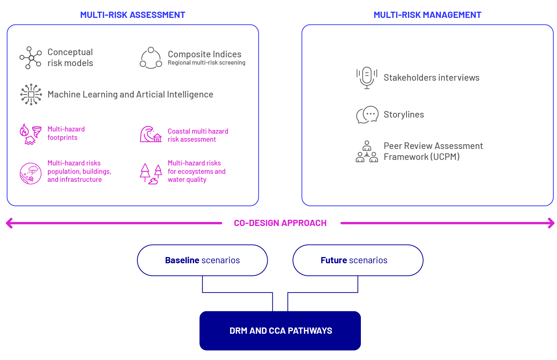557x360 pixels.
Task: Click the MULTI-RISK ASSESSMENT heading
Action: click(133, 15)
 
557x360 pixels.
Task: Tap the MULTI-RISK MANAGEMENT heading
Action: click(427, 15)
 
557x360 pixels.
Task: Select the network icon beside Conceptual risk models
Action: click(31, 58)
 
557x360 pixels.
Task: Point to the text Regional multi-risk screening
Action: click(206, 63)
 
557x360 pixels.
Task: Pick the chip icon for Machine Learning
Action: click(31, 95)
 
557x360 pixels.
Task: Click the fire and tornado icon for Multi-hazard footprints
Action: click(31, 134)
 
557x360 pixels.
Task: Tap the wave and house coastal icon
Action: click(151, 134)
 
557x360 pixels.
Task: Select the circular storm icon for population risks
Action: click(31, 173)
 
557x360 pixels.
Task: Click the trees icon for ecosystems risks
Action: click(151, 174)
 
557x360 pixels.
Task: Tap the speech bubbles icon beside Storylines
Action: click(367, 115)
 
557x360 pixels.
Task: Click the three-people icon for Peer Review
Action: click(367, 152)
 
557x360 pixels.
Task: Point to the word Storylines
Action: click(404, 114)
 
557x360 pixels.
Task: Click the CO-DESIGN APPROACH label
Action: click(280, 223)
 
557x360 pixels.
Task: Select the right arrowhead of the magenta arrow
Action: click(552, 223)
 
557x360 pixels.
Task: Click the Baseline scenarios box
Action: click(202, 260)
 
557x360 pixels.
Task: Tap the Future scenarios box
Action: click(358, 260)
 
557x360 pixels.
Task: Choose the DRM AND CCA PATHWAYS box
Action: click(280, 331)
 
